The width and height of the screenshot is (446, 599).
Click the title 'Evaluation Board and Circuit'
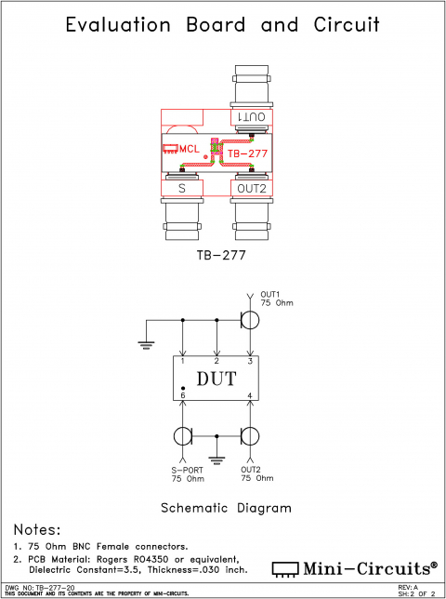click(x=222, y=25)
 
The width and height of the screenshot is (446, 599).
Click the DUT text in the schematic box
click(x=216, y=379)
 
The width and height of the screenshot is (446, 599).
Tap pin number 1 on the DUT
click(x=183, y=361)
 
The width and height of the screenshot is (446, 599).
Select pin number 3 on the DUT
click(x=249, y=361)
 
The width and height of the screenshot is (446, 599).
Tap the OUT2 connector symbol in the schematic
click(x=250, y=436)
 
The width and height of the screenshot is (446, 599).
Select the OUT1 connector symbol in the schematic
click(x=250, y=320)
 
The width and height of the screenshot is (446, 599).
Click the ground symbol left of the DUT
click(x=146, y=344)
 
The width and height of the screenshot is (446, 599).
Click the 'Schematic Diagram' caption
click(x=226, y=508)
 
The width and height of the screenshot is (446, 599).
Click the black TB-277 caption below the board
click(x=221, y=252)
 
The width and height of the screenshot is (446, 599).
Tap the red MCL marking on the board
click(x=189, y=149)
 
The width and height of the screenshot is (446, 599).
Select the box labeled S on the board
click(x=182, y=189)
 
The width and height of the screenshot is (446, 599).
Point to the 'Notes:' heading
click(x=37, y=529)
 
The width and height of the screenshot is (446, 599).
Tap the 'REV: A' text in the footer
click(x=408, y=588)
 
